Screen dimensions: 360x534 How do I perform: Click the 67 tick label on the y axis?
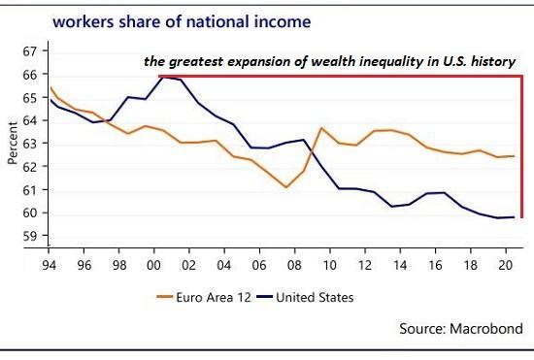coord(28,50)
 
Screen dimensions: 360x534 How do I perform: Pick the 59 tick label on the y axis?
coord(28,236)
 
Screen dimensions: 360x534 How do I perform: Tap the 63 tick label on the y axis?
coord(28,144)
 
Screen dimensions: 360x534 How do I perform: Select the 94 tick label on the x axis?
coord(46,260)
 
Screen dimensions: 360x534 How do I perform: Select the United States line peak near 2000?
coord(161,76)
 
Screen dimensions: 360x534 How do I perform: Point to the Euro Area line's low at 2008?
coord(286,186)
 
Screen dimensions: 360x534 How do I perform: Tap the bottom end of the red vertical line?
coord(522,216)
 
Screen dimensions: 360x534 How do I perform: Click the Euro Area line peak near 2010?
coord(321,128)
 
